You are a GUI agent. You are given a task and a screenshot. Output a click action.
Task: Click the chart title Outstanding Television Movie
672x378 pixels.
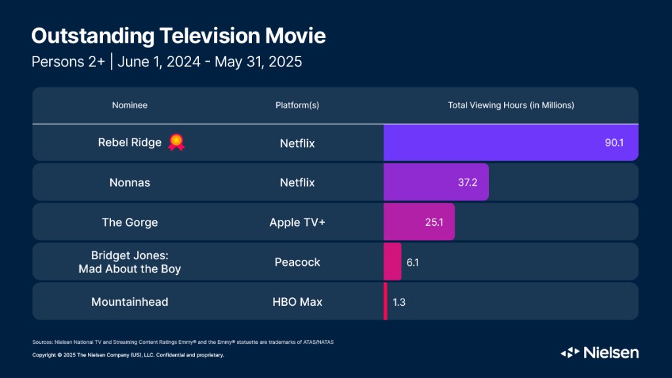click(x=178, y=35)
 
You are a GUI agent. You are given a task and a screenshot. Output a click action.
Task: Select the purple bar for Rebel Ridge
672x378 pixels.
click(x=499, y=142)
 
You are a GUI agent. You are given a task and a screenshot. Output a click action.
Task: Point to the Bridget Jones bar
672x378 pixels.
click(x=392, y=262)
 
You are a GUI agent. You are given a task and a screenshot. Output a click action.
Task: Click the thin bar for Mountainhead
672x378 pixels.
click(x=386, y=302)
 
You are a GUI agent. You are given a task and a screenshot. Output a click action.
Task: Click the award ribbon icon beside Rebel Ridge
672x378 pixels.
click(x=176, y=142)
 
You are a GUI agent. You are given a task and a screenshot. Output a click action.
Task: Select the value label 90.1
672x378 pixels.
click(x=614, y=142)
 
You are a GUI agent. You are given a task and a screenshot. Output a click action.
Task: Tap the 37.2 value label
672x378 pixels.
click(x=468, y=182)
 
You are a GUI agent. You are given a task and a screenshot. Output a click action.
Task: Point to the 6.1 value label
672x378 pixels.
click(x=413, y=262)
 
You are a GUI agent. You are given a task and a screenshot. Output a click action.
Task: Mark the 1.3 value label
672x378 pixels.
click(x=399, y=302)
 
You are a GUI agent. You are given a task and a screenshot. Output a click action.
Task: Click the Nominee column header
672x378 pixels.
click(x=129, y=105)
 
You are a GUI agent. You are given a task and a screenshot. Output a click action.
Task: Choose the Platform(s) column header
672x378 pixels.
click(x=297, y=105)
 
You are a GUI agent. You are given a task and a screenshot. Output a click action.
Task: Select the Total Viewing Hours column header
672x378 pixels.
click(x=511, y=105)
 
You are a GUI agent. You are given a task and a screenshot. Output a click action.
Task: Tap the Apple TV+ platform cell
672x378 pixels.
click(x=297, y=222)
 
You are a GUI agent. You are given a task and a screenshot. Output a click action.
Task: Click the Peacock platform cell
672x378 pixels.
click(x=297, y=262)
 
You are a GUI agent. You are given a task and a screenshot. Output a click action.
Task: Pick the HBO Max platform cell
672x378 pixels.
click(x=297, y=302)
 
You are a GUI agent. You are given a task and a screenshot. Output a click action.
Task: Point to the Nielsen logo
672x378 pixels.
click(x=599, y=352)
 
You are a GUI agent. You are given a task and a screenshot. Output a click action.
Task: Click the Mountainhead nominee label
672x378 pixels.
click(x=129, y=302)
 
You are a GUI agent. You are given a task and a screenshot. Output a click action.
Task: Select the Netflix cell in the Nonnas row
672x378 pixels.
click(x=297, y=182)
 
